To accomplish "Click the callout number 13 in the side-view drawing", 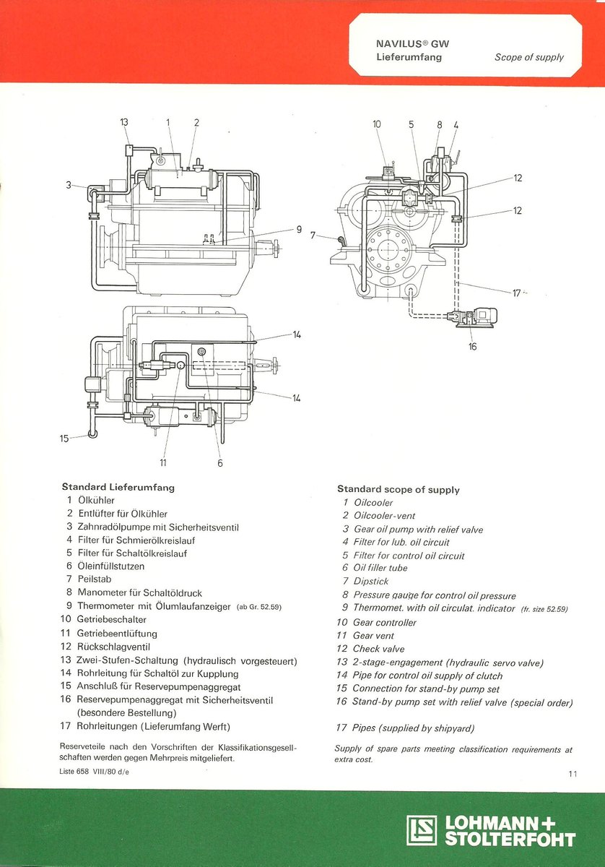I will tap(124, 123).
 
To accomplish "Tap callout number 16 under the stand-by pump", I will tap(473, 347).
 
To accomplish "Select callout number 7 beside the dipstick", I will tap(313, 235).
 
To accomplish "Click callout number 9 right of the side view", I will tap(298, 230).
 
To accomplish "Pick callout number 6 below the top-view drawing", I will tap(220, 463).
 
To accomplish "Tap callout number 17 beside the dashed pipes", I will tap(517, 293).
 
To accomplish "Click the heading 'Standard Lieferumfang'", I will tap(118, 488).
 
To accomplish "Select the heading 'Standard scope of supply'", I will tap(398, 490).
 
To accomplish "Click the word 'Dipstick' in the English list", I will tap(371, 582).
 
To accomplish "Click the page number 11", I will tap(573, 775).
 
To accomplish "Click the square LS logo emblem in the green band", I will tap(422, 830).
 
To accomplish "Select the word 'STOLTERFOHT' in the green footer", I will tap(510, 840).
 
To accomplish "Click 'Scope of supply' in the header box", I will tap(529, 57).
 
